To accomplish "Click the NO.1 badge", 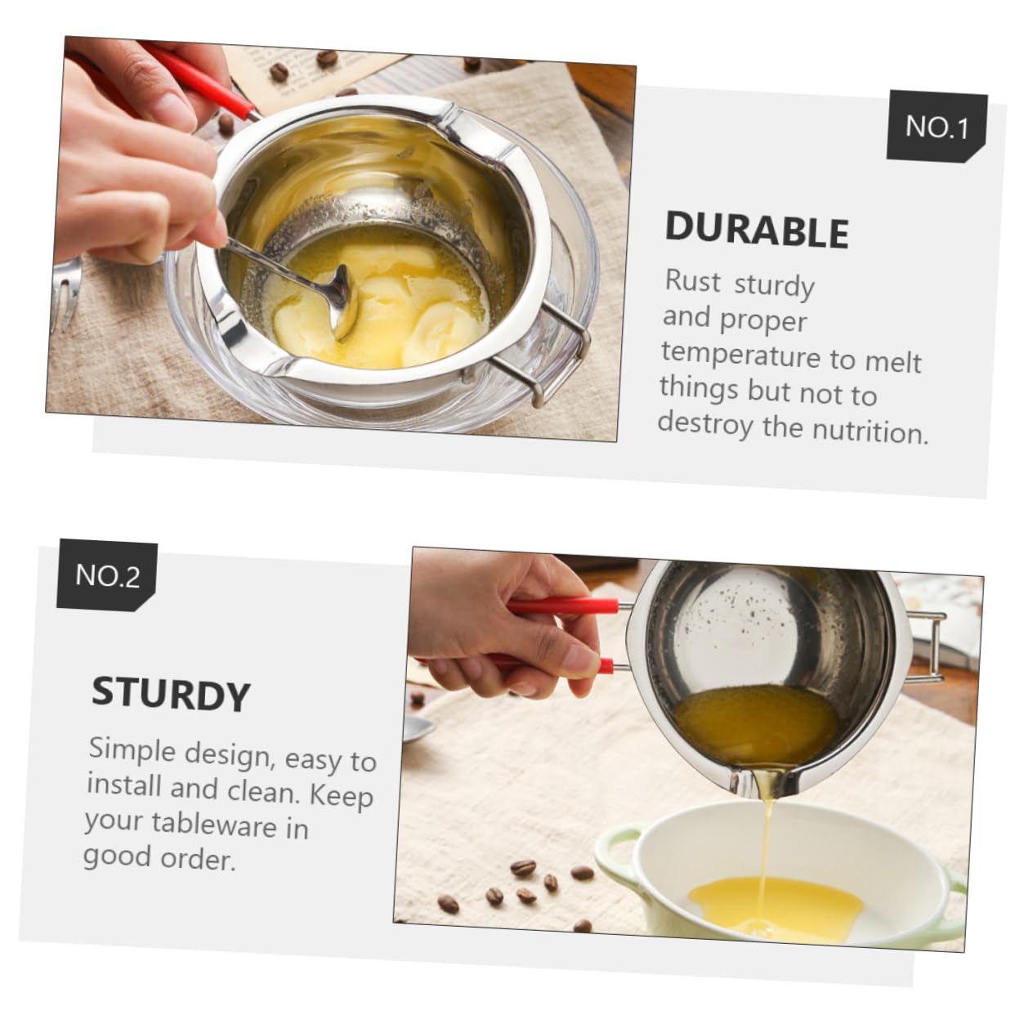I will (937, 127).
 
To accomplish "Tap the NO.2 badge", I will (107, 575).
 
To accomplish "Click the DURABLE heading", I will (757, 230).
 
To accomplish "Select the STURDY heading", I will (170, 695).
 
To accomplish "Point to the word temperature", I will (741, 355).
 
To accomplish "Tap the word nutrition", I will (874, 430).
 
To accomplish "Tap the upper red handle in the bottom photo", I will (564, 606).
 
